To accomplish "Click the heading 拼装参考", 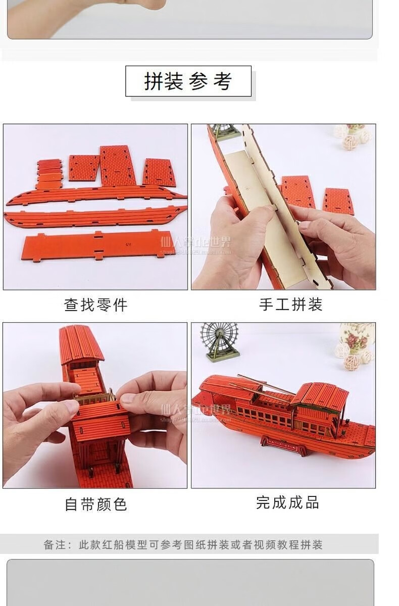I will pyautogui.click(x=188, y=81).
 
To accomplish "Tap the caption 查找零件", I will pyautogui.click(x=96, y=305).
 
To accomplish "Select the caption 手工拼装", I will pyautogui.click(x=290, y=305).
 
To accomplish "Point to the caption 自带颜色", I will pyautogui.click(x=96, y=504).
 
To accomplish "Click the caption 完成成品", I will pyautogui.click(x=287, y=502).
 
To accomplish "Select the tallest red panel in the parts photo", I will pyautogui.click(x=118, y=165).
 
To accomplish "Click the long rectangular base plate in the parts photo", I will pyautogui.click(x=98, y=245).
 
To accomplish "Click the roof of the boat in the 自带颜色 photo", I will pyautogui.click(x=81, y=343).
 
